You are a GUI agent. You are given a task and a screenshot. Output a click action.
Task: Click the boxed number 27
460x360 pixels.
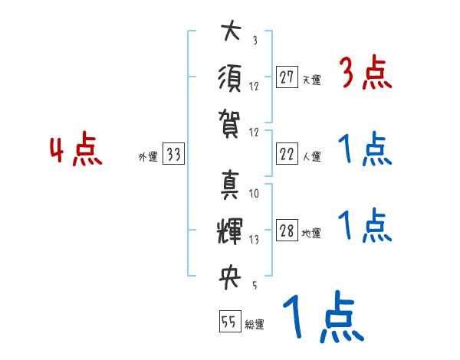click(287, 77)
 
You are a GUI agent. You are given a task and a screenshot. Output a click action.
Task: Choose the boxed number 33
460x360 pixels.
click(173, 155)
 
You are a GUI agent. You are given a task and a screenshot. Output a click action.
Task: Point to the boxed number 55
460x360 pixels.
click(228, 322)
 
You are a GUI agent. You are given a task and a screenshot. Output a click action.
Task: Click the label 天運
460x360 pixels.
click(311, 80)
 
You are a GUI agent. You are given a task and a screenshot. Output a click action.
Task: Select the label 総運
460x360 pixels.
click(254, 325)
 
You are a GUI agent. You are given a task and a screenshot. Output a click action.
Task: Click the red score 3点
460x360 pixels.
click(365, 74)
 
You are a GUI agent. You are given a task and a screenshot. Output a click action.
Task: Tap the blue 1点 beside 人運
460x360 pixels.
click(365, 151)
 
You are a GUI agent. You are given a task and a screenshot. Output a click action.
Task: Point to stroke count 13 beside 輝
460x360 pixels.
click(254, 240)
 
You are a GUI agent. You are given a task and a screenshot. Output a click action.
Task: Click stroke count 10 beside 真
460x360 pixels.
click(254, 194)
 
